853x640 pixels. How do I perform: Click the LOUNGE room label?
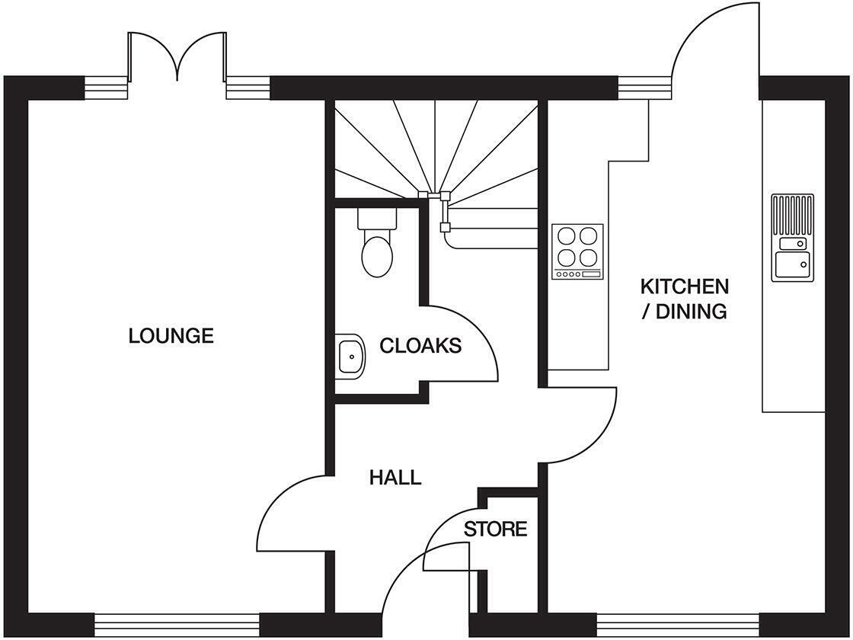pyautogui.click(x=171, y=335)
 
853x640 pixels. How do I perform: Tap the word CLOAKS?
pyautogui.click(x=420, y=346)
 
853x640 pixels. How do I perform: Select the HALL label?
pyautogui.click(x=395, y=477)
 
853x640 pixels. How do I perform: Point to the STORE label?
pyautogui.click(x=496, y=529)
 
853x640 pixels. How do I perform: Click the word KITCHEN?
pyautogui.click(x=685, y=286)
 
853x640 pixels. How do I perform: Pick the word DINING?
pyautogui.click(x=692, y=312)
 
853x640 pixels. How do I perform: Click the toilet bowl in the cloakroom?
pyautogui.click(x=377, y=256)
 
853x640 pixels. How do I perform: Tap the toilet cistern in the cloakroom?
pyautogui.click(x=377, y=218)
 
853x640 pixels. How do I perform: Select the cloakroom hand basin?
pyautogui.click(x=350, y=357)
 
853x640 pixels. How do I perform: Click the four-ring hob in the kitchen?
pyautogui.click(x=578, y=251)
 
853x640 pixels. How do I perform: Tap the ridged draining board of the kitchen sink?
pyautogui.click(x=793, y=214)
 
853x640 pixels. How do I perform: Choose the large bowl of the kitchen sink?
pyautogui.click(x=793, y=265)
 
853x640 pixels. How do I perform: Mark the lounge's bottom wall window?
pyautogui.click(x=177, y=621)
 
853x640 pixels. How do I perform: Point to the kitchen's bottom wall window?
pyautogui.click(x=677, y=621)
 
